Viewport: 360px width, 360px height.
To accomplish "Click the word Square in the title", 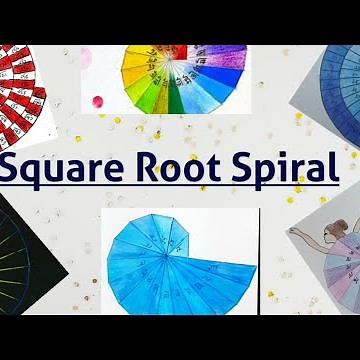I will (x=65, y=167).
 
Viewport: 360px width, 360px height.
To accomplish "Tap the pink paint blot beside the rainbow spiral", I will (x=97, y=101).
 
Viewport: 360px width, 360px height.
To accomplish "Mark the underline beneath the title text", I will (x=180, y=185).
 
